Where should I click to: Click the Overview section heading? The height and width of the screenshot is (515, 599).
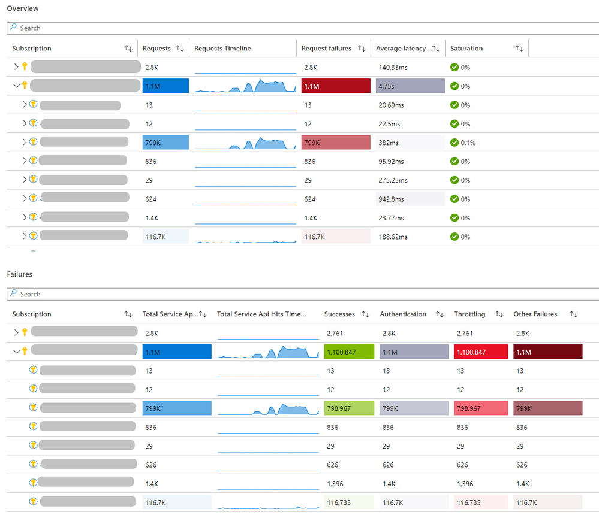(22, 8)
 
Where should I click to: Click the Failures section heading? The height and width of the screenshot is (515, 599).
(19, 274)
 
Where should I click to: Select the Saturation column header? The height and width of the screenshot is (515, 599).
(466, 49)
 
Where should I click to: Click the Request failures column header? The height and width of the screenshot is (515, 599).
(326, 49)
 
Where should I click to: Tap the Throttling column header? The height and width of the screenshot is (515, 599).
(470, 314)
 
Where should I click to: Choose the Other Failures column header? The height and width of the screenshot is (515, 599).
(535, 314)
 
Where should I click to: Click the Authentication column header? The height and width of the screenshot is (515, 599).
(403, 314)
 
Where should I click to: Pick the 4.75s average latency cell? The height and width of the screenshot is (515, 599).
(410, 86)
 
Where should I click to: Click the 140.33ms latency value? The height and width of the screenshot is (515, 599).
(393, 68)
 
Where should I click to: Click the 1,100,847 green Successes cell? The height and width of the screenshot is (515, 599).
(348, 352)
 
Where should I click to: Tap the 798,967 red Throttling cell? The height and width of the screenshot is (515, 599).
(481, 408)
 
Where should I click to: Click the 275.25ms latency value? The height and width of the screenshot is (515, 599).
(393, 180)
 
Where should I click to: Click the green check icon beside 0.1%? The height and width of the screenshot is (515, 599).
(454, 143)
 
